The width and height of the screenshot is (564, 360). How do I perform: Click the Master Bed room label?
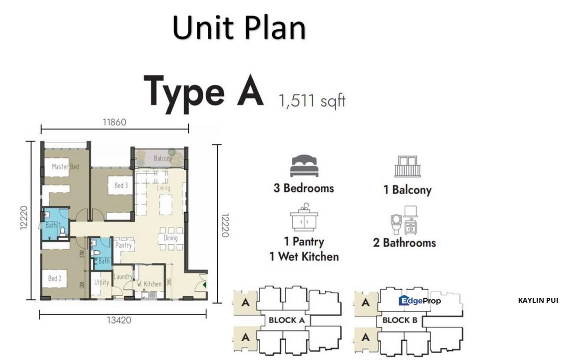(65, 167)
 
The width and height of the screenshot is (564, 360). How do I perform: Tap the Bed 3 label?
(121, 185)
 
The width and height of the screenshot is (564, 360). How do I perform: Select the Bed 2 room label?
(55, 278)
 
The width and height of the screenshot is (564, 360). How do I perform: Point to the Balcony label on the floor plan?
(163, 158)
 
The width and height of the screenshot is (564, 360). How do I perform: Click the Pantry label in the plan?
(123, 245)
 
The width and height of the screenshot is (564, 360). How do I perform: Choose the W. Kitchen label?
(149, 284)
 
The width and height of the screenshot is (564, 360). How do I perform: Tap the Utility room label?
(101, 282)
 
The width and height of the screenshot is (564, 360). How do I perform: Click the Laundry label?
(123, 276)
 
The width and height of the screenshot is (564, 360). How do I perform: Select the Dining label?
(170, 238)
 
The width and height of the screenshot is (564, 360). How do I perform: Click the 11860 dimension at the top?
(114, 121)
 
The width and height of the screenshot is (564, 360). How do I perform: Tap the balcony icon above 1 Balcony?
(407, 166)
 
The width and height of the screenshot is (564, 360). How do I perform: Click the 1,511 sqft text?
(312, 101)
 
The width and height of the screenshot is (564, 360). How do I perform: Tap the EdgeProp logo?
(420, 300)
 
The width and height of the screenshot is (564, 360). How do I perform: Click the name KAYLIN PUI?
(538, 300)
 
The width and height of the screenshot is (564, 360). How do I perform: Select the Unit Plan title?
(239, 28)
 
